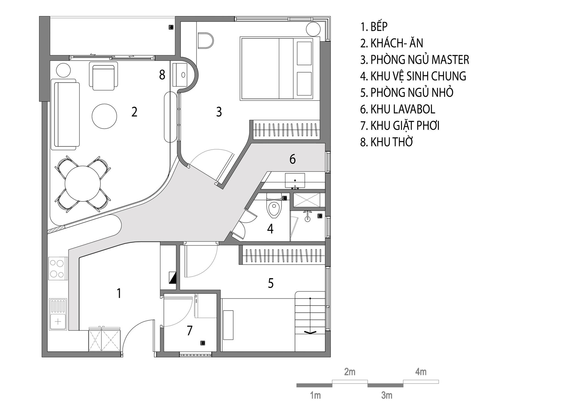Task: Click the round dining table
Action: (83, 184)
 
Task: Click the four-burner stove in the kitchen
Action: (58, 268)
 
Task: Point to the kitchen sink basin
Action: (58, 321)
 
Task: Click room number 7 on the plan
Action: (190, 330)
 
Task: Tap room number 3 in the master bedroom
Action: (219, 112)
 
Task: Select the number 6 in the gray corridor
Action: (293, 159)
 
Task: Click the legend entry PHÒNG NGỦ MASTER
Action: (415, 60)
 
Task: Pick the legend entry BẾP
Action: (374, 27)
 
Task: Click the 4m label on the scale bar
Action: (421, 372)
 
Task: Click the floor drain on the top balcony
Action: (171, 27)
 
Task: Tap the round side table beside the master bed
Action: (313, 29)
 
